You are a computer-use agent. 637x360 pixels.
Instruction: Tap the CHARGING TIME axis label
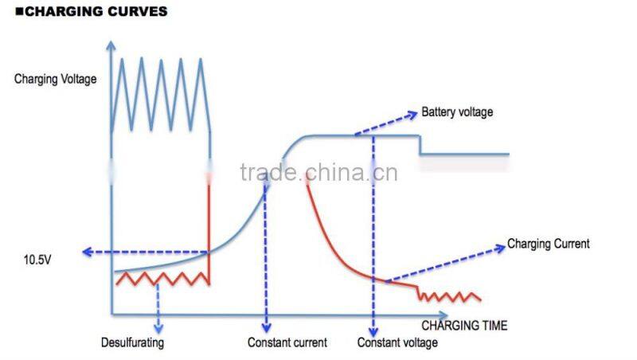(463, 326)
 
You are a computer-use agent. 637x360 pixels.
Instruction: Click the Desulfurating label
(132, 343)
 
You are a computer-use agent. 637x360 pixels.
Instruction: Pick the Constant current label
(287, 343)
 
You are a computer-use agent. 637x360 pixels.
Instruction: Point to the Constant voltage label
(397, 343)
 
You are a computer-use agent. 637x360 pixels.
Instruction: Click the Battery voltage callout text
(457, 112)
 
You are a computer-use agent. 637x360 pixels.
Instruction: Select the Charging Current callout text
(549, 244)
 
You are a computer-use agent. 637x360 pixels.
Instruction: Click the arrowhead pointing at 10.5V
(88, 252)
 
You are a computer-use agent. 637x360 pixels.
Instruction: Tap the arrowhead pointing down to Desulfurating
(158, 327)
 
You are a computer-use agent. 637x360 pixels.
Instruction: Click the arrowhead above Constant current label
(267, 327)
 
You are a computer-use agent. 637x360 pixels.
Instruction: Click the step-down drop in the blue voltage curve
(420, 145)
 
